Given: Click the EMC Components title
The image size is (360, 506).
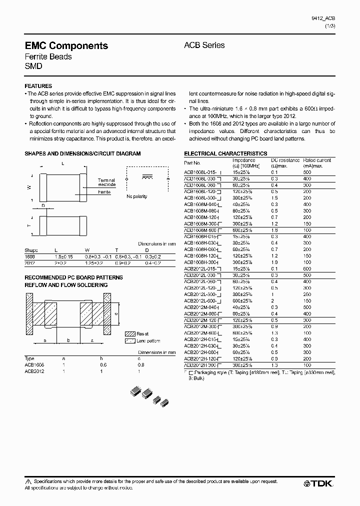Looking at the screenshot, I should pyautogui.click(x=66, y=45).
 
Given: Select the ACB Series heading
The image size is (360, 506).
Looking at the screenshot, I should pyautogui.click(x=204, y=45).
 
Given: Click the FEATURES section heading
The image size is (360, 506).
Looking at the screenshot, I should pyautogui.click(x=38, y=86).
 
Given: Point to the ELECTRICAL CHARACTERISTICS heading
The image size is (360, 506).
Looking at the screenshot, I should pyautogui.click(x=225, y=153).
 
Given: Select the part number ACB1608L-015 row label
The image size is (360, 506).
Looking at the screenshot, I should pyautogui.click(x=201, y=172).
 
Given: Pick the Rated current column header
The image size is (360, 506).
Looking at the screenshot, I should pyautogui.click(x=316, y=162).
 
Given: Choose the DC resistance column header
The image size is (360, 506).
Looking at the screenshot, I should pyautogui.click(x=285, y=162).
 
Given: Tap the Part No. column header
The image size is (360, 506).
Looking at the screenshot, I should pyautogui.click(x=192, y=163).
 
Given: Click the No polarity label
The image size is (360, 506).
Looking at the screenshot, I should pyautogui.click(x=136, y=196).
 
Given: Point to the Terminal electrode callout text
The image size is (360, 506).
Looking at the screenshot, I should pyautogui.click(x=106, y=182).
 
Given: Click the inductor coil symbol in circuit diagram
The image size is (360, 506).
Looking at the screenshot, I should pyautogui.click(x=147, y=177).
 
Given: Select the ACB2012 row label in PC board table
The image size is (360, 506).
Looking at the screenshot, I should pyautogui.click(x=34, y=371).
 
